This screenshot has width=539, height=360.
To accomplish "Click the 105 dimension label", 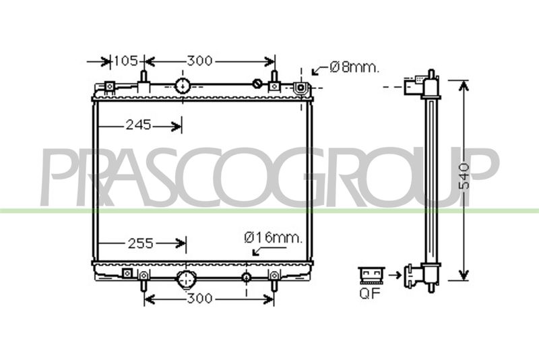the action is point(126,61).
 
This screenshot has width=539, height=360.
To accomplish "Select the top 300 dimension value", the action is point(199,61).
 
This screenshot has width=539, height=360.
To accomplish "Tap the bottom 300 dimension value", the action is point(199,298).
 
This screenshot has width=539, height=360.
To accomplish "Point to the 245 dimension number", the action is point(138,125).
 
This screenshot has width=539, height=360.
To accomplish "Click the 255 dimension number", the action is point(141,243).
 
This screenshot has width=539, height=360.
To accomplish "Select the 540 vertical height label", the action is point(464,176).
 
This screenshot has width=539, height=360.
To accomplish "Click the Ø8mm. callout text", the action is point(354,67).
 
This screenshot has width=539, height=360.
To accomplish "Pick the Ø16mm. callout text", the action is point(274,237).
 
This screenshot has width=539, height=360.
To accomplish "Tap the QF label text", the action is point(370,293).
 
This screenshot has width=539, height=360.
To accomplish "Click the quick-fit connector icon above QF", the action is point(372,276).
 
